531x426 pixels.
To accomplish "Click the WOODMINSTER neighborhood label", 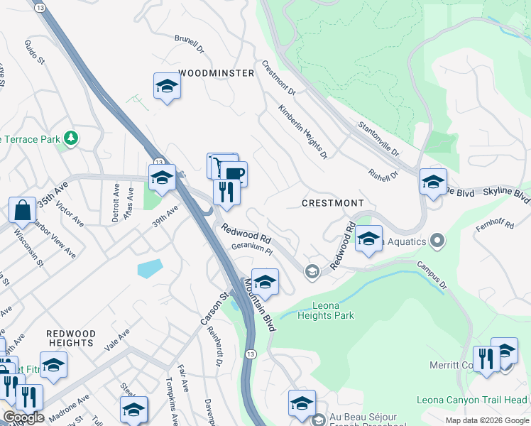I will [x=216, y=73].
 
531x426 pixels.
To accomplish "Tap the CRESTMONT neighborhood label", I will [x=332, y=203].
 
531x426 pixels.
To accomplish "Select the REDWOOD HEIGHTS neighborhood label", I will [x=70, y=338].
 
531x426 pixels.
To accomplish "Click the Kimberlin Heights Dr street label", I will [x=303, y=132].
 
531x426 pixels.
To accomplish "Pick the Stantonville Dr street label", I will [x=379, y=138].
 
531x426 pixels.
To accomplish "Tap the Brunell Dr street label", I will [x=190, y=50].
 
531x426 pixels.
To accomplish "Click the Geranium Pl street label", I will [x=252, y=249].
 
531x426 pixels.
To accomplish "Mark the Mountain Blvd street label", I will [x=260, y=305].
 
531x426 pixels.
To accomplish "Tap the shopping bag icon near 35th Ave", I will [x=22, y=210].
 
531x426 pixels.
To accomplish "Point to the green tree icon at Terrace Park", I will [x=70, y=136].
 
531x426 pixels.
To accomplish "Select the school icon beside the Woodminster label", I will [x=167, y=86].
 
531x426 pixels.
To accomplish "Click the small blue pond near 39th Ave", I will [x=150, y=268].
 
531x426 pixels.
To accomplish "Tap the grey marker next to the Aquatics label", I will [x=437, y=241].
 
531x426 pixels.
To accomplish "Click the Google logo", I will [x=24, y=417].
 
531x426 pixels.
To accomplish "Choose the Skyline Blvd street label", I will [x=507, y=193].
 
